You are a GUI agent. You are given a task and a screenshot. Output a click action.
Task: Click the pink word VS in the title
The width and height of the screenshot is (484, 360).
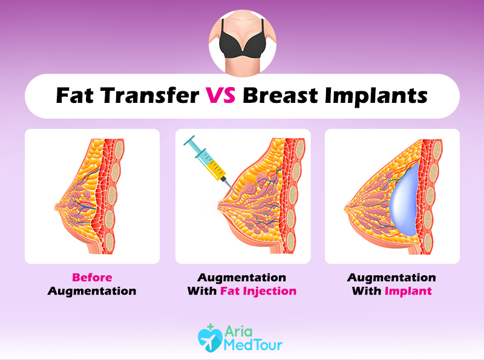[221, 95]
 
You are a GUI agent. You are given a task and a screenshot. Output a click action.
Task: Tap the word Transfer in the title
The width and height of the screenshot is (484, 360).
[149, 95]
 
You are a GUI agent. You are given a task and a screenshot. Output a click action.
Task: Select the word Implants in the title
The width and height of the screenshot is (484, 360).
[376, 96]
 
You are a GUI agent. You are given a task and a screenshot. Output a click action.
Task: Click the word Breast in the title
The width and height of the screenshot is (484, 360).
[280, 95]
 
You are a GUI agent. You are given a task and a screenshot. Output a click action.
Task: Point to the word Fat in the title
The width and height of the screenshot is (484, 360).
[74, 95]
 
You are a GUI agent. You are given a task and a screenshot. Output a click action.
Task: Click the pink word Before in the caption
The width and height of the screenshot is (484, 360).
[92, 277]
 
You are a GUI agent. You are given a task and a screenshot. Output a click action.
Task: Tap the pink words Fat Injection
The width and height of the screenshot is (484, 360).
[258, 291]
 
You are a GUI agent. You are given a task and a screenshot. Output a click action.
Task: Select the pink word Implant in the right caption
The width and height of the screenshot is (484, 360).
[408, 291]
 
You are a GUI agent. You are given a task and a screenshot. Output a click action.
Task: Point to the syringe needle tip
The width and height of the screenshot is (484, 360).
[237, 194]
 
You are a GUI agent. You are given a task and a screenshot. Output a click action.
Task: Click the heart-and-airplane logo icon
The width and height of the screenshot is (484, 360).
[210, 338]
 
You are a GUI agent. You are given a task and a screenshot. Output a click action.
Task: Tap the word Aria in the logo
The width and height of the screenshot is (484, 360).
[238, 332]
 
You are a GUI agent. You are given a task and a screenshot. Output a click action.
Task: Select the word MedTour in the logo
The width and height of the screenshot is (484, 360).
[253, 345]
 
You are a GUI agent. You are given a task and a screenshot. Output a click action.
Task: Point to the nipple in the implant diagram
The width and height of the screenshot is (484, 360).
[347, 209]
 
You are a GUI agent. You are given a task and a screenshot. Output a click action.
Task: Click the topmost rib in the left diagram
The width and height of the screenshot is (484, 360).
[119, 149]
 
